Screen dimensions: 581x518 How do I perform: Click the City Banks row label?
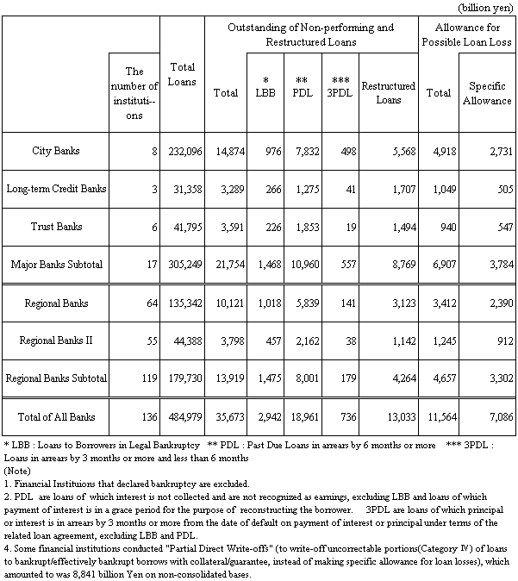coord(54,151)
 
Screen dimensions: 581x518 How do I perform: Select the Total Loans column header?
coord(182,74)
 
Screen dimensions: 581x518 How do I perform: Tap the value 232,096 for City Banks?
coord(182,151)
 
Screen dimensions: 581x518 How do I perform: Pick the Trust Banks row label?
coord(54,226)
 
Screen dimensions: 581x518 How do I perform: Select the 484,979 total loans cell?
coord(182,418)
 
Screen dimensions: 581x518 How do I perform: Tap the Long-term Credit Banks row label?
coord(54,188)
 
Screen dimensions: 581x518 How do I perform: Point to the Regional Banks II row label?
coord(54,340)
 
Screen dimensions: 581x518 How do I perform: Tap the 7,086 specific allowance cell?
coord(497,418)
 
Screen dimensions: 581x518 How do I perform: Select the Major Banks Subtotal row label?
coord(54,264)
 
